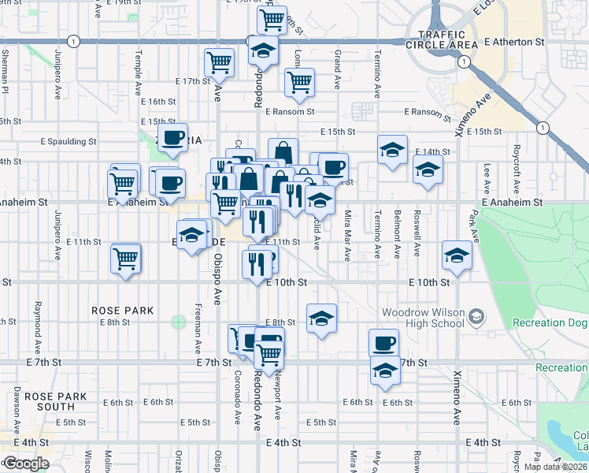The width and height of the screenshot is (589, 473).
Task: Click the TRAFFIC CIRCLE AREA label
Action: click(x=438, y=39)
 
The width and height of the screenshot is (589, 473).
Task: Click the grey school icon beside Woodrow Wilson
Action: click(x=476, y=317)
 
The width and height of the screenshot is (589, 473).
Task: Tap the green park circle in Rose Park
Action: click(x=180, y=321)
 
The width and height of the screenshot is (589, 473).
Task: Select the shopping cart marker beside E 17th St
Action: click(x=219, y=63)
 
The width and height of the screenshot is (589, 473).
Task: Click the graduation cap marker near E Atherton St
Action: click(x=263, y=51)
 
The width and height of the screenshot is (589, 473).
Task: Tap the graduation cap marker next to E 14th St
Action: click(x=391, y=150)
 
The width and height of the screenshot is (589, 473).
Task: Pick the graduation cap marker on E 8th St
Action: click(x=320, y=318)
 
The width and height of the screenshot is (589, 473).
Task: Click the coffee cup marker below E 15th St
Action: click(x=172, y=138)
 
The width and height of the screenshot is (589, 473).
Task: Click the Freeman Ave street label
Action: click(x=197, y=325)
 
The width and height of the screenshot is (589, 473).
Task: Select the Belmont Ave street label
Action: click(x=397, y=240)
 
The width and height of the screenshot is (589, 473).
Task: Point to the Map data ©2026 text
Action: click(x=554, y=467)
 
